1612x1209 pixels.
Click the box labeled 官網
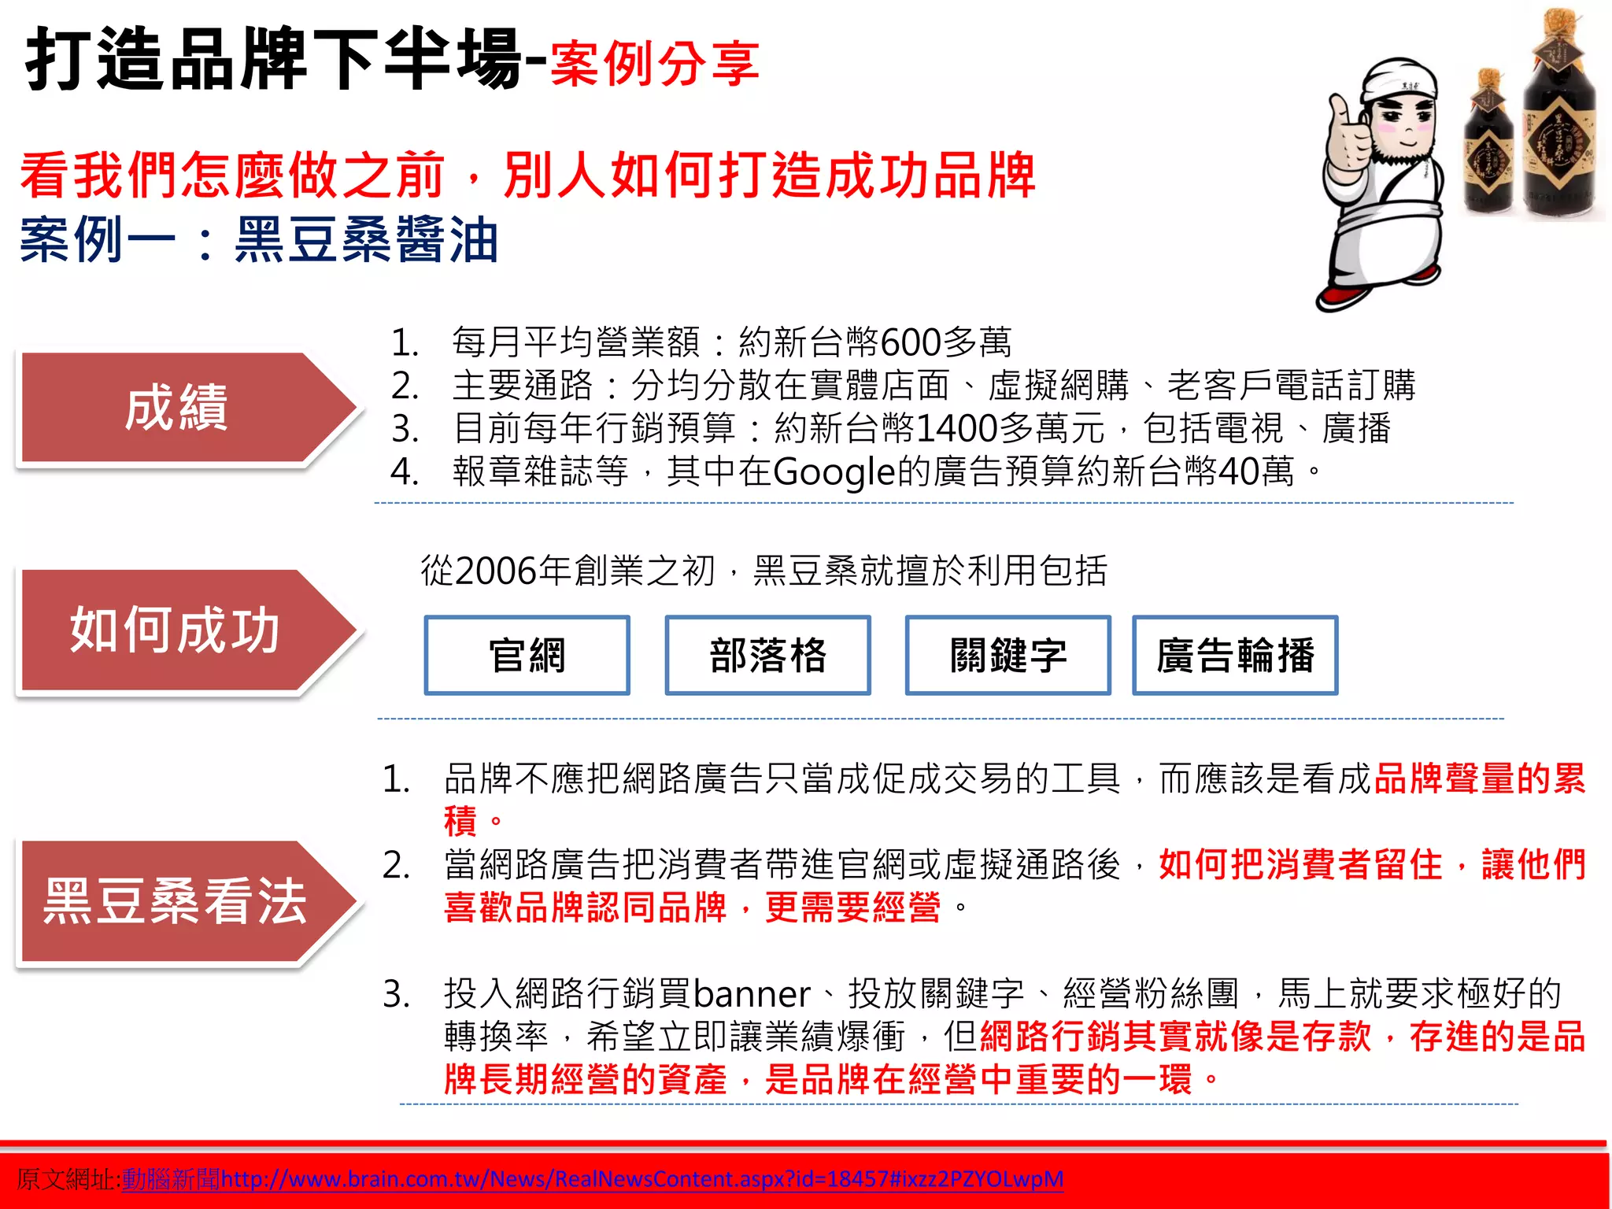pos(527,655)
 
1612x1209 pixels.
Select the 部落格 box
pos(767,655)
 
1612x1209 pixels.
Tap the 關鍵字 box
pos(1007,655)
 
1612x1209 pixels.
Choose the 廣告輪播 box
pos(1234,655)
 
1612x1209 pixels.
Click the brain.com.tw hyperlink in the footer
pos(641,1178)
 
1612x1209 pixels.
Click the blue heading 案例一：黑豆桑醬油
pos(260,239)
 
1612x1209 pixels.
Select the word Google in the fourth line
pos(834,472)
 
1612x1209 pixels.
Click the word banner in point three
pos(752,993)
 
